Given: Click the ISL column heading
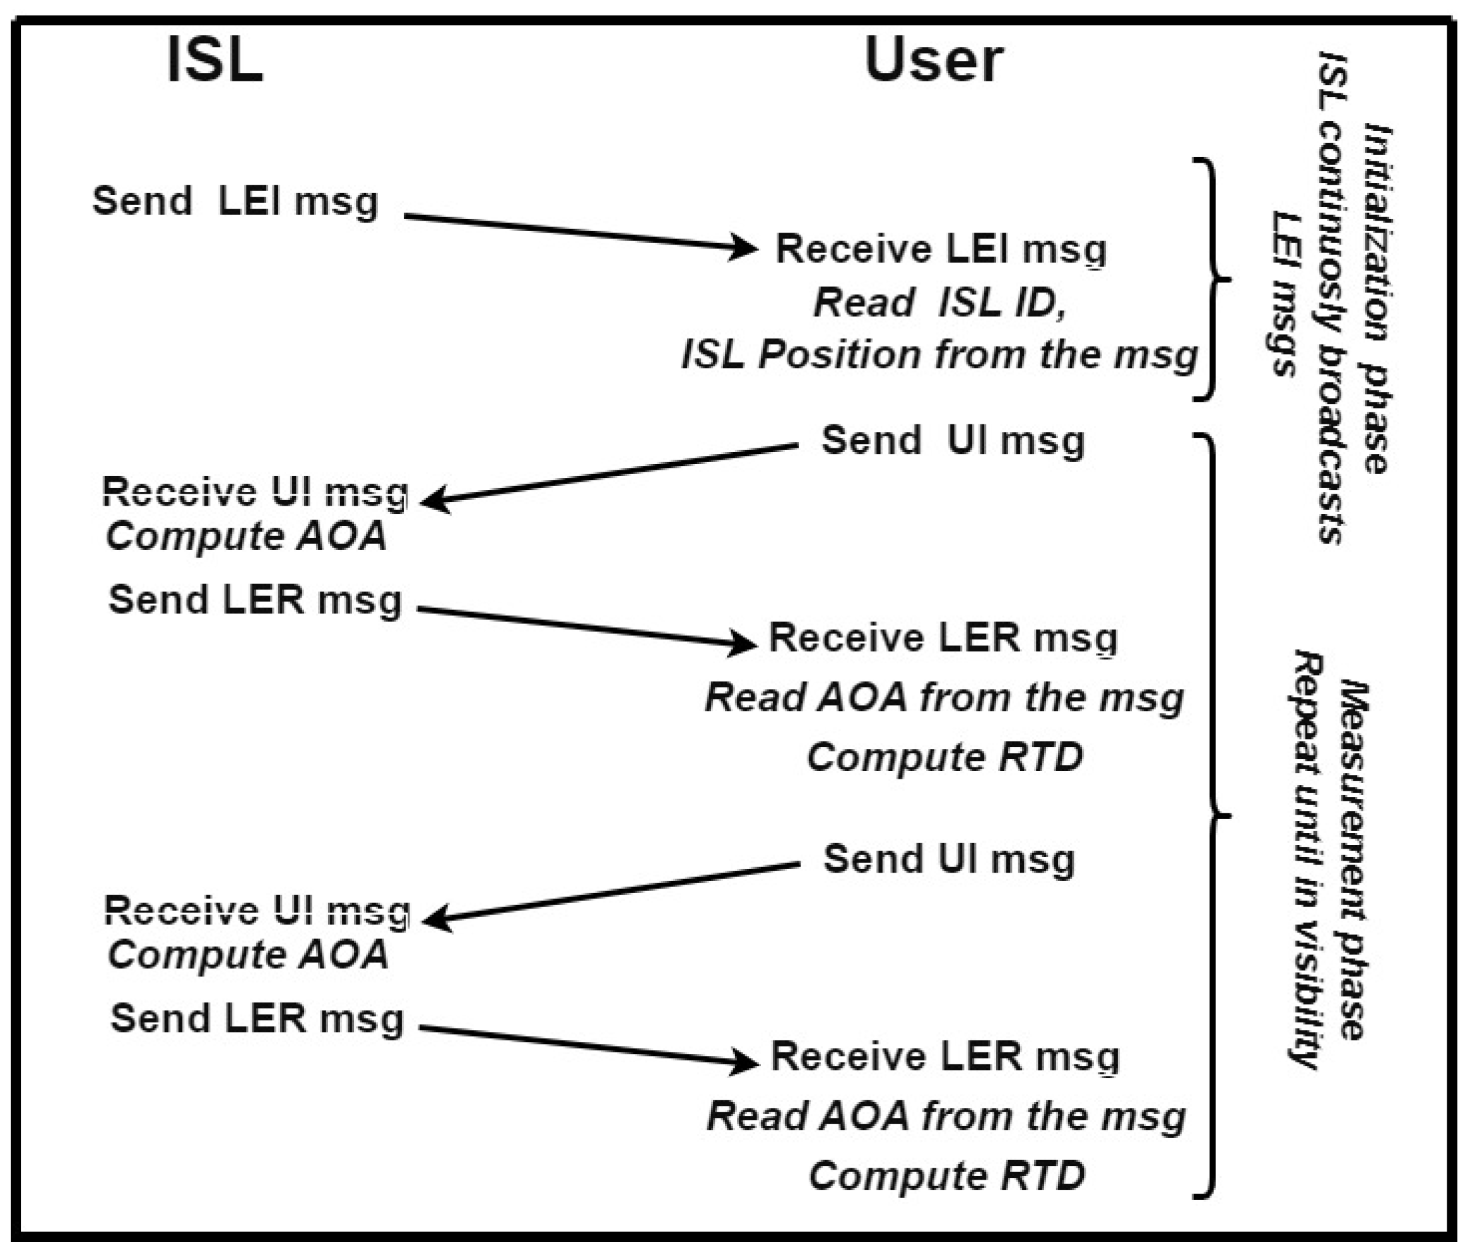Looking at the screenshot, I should click(x=215, y=61).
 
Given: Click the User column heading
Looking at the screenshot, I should click(x=934, y=61).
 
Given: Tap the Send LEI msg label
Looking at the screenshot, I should click(x=235, y=201).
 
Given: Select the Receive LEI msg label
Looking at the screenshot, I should click(x=941, y=250).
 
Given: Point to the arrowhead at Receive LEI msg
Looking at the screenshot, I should click(x=745, y=248).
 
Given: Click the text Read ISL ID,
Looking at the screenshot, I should click(x=940, y=303).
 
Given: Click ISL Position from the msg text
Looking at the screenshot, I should click(x=939, y=354).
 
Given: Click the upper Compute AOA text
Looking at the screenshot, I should click(x=246, y=535).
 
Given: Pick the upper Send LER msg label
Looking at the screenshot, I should click(x=256, y=600).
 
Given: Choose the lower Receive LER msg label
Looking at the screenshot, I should click(x=945, y=1057).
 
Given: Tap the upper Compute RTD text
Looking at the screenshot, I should click(x=945, y=757).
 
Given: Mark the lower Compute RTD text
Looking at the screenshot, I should click(x=947, y=1175).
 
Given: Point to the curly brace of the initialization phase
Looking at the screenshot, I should click(x=1214, y=279).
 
